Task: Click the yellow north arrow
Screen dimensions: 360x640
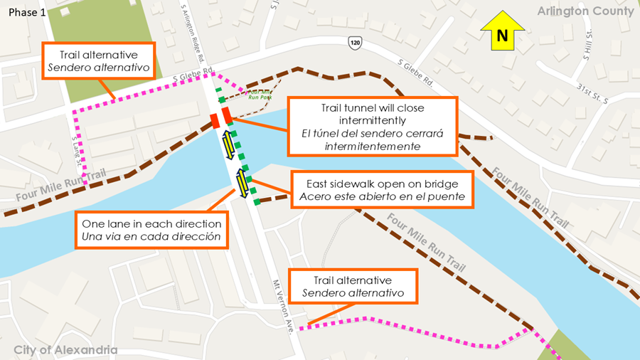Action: coord(503,34)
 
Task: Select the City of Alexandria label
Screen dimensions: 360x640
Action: coord(65,350)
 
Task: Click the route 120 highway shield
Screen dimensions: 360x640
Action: coord(355,44)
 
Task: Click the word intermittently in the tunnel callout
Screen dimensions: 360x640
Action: coord(370,120)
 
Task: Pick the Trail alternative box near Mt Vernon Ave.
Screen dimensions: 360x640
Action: coord(353,287)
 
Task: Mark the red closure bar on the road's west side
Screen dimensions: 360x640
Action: coord(214,120)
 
